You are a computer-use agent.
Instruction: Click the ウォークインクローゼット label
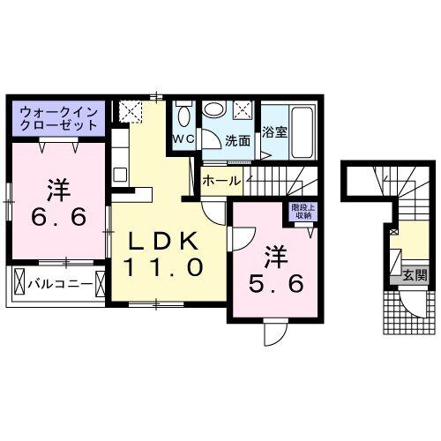point(57,118)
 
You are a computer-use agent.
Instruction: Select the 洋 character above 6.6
point(59,188)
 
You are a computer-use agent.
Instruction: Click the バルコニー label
point(55,285)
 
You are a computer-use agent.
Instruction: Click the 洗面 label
point(237,140)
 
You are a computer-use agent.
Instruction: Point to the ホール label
point(220,180)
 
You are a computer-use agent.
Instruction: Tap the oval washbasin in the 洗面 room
point(215,109)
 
